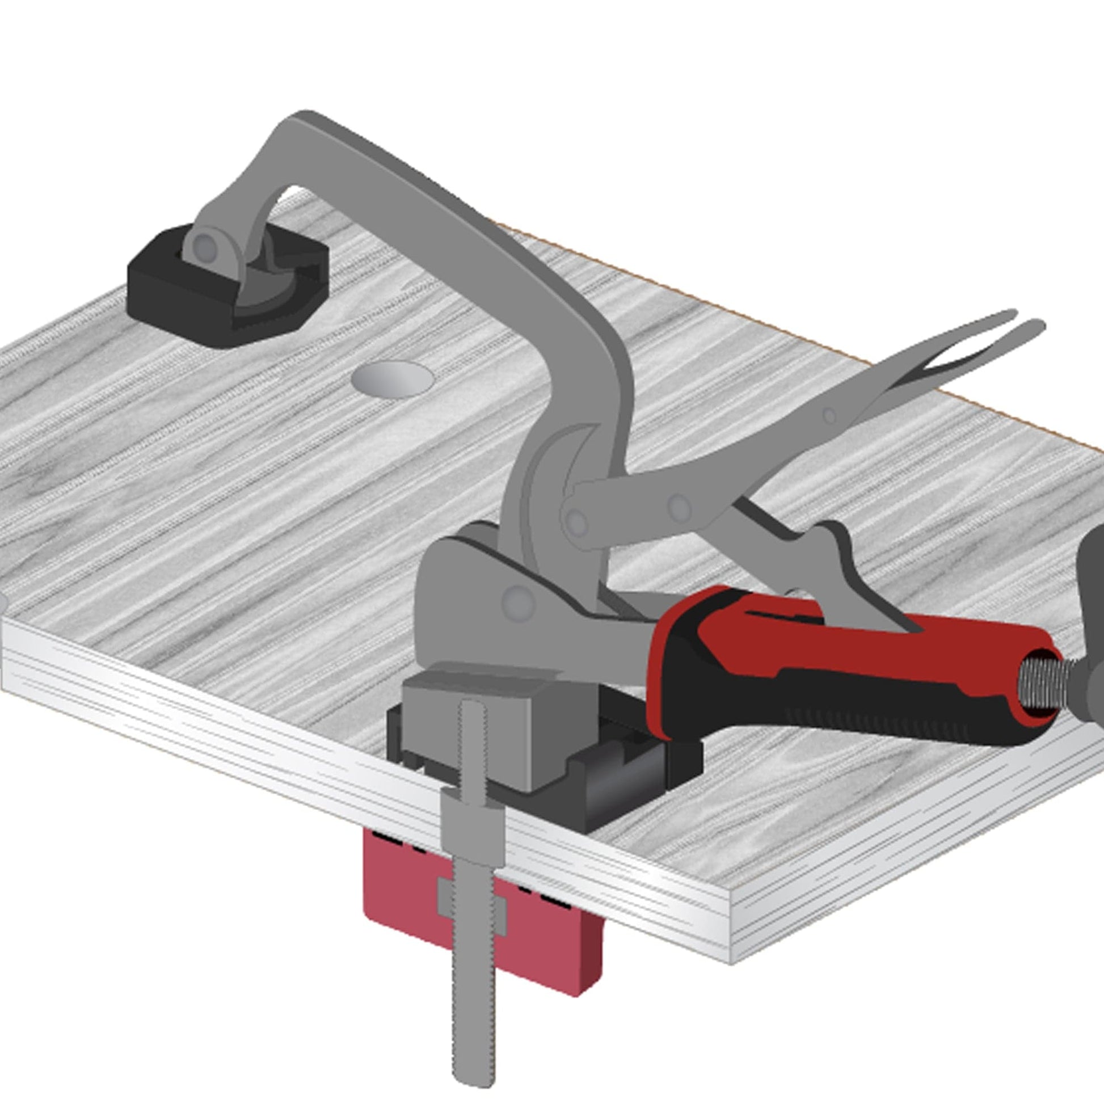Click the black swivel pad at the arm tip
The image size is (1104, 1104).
point(171,309)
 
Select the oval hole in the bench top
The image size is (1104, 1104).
point(393,379)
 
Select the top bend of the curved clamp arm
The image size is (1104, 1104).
point(303,123)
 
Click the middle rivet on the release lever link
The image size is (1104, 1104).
point(679,506)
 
